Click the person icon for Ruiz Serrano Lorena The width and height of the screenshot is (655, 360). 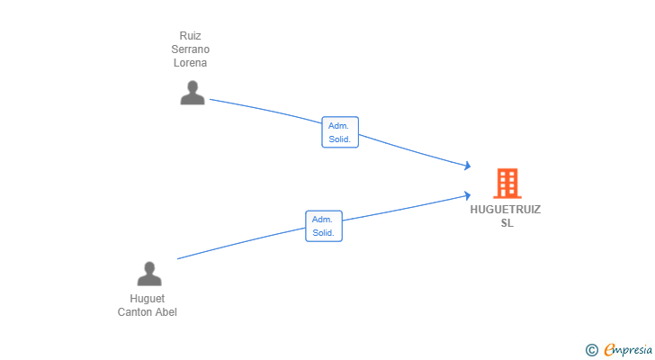193,93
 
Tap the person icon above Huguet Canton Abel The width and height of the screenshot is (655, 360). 149,274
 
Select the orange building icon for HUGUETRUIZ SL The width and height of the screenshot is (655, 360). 507,183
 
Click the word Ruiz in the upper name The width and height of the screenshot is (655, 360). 190,36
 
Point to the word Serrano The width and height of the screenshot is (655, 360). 190,49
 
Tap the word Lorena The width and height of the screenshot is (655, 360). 190,63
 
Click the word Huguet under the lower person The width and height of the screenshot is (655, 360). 147,299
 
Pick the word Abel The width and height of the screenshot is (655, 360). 166,312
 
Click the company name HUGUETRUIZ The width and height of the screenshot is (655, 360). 506,210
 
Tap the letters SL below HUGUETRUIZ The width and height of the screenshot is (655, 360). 507,223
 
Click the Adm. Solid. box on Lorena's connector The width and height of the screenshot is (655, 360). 340,132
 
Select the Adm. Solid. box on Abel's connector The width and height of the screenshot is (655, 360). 324,226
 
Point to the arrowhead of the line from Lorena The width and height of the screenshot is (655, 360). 468,166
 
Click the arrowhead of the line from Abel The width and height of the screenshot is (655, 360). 468,195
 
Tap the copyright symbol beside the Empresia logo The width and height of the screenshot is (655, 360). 591,350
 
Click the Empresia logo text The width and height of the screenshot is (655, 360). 628,350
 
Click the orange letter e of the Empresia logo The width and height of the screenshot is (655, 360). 609,349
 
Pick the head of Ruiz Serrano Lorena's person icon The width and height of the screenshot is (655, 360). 193,86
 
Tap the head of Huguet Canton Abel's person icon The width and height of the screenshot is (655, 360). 149,267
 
